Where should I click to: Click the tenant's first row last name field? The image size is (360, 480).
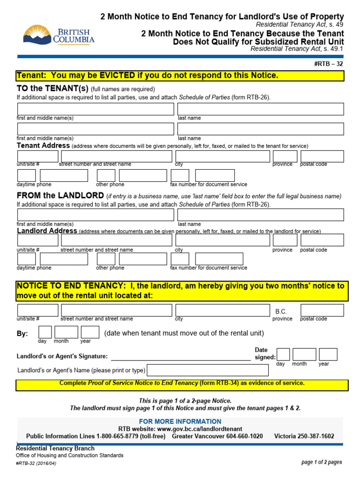pyautogui.click(x=260, y=109)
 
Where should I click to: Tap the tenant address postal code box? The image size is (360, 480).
pyautogui.click(x=322, y=156)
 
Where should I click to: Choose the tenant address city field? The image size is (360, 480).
pyautogui.click(x=223, y=156)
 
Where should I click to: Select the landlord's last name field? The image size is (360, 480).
pyautogui.click(x=260, y=215)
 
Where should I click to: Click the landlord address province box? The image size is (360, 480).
pyautogui.click(x=285, y=240)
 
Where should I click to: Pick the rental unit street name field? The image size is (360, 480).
pyautogui.click(x=116, y=310)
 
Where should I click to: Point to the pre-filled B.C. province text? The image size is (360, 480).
pyautogui.click(x=281, y=312)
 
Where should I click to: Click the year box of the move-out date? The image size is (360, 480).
pyautogui.click(x=90, y=332)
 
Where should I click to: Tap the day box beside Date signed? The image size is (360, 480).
pyautogui.click(x=283, y=354)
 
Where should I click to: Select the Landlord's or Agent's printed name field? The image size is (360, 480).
pyautogui.click(x=208, y=370)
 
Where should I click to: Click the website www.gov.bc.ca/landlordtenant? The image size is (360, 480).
pyautogui.click(x=201, y=428)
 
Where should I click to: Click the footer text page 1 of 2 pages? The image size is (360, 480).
pyautogui.click(x=322, y=462)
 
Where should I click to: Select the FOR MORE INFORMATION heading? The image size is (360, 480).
pyautogui.click(x=180, y=421)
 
